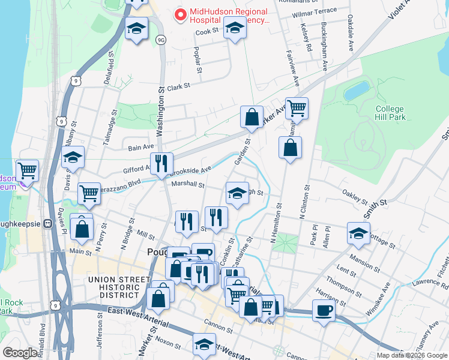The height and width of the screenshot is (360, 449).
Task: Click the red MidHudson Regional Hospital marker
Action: (x=179, y=14)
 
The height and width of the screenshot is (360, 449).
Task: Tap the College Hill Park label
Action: (x=390, y=113)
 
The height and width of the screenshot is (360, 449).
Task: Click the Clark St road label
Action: (x=178, y=86)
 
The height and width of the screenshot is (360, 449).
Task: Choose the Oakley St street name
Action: (x=354, y=196)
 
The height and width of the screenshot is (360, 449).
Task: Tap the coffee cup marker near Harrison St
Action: (x=324, y=311)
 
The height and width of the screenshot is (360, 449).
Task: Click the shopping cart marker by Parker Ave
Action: (x=297, y=109)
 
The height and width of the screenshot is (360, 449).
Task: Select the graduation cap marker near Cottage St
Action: (x=358, y=233)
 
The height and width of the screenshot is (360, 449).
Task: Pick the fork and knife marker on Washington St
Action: (x=161, y=163)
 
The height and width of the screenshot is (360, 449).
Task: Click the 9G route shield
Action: (x=160, y=40)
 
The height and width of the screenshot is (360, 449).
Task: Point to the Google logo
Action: (x=20, y=353)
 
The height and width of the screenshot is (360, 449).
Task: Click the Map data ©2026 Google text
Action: (x=412, y=355)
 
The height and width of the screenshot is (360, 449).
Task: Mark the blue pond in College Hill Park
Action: (x=357, y=91)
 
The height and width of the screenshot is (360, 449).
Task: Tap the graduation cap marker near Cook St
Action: (x=235, y=28)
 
